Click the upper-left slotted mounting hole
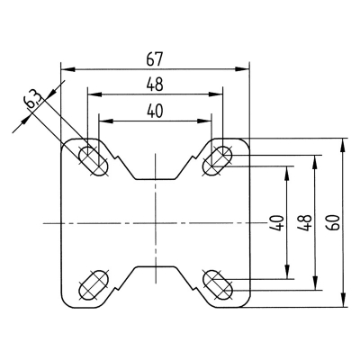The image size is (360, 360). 92,159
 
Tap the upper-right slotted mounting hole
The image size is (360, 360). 219,159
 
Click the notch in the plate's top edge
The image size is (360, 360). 155,171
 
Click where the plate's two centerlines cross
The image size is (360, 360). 155,222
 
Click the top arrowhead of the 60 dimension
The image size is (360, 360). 345,142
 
